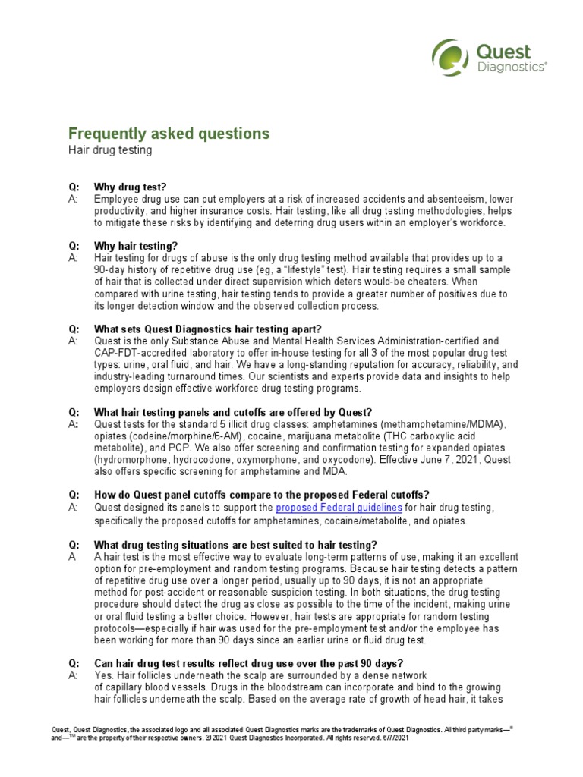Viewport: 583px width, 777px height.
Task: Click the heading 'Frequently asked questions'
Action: tap(169, 134)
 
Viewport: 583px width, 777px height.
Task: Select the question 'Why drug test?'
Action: tap(130, 187)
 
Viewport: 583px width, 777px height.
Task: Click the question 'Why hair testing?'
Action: tap(136, 246)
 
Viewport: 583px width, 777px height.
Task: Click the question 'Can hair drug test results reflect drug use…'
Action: tap(248, 662)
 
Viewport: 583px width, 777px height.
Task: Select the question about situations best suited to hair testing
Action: tap(235, 544)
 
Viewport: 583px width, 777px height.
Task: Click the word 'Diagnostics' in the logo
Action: tap(512, 67)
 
